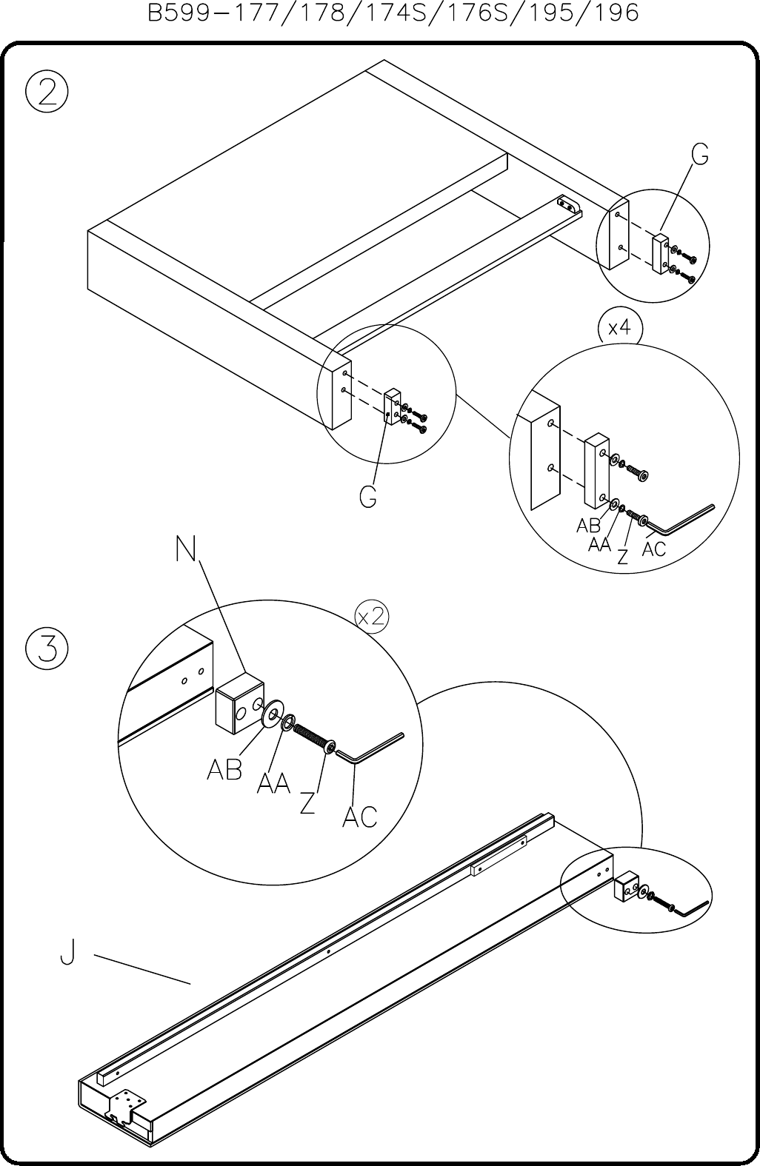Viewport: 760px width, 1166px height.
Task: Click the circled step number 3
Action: pyautogui.click(x=47, y=649)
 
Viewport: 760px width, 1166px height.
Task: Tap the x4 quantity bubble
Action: pyautogui.click(x=619, y=328)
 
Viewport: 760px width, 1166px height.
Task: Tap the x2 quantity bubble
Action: pyautogui.click(x=372, y=617)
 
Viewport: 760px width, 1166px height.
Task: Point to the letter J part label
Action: pyautogui.click(x=67, y=951)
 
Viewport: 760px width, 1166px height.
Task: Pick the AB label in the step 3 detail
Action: pyautogui.click(x=224, y=769)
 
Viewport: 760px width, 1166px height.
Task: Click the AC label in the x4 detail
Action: pyautogui.click(x=654, y=549)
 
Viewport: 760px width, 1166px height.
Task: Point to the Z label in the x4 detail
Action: pyautogui.click(x=622, y=556)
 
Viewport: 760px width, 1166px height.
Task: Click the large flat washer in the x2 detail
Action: pyautogui.click(x=272, y=714)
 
